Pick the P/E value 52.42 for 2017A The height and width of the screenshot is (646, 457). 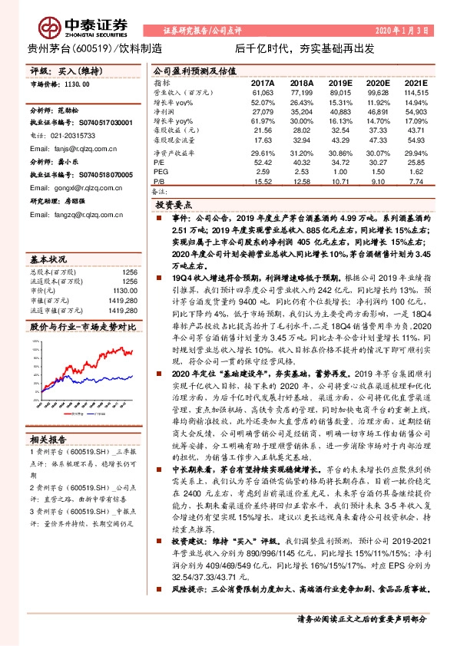tap(262, 163)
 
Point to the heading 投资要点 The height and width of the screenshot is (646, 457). tap(174, 207)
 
